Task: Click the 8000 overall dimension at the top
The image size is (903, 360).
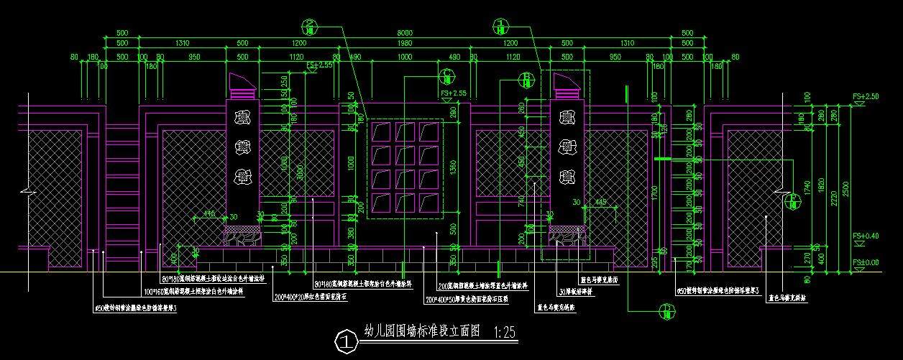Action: coord(405,33)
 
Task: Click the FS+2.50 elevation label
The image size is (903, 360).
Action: coord(866,96)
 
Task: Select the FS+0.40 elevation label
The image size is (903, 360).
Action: coord(866,236)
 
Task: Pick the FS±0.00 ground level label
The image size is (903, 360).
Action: coord(866,263)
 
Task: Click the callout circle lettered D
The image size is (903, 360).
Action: coord(666,310)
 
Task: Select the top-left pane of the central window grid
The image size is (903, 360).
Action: coord(382,133)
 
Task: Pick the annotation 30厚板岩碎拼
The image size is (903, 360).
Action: coord(575,292)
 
